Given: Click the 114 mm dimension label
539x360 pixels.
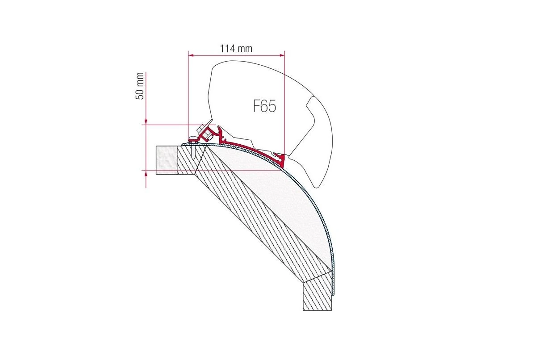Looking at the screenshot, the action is (236, 49).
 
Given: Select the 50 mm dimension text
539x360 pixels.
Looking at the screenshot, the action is (140, 86).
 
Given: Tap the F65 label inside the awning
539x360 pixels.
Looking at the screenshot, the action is (264, 106).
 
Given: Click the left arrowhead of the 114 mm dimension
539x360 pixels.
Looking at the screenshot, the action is (191, 55).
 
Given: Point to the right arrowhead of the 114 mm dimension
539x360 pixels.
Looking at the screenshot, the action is (282, 55).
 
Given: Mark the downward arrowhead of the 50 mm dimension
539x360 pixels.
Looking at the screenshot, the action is (146, 122).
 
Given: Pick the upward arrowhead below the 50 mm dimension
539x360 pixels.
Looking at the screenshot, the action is (146, 173).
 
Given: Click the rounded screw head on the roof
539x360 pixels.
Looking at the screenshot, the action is (193, 138).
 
